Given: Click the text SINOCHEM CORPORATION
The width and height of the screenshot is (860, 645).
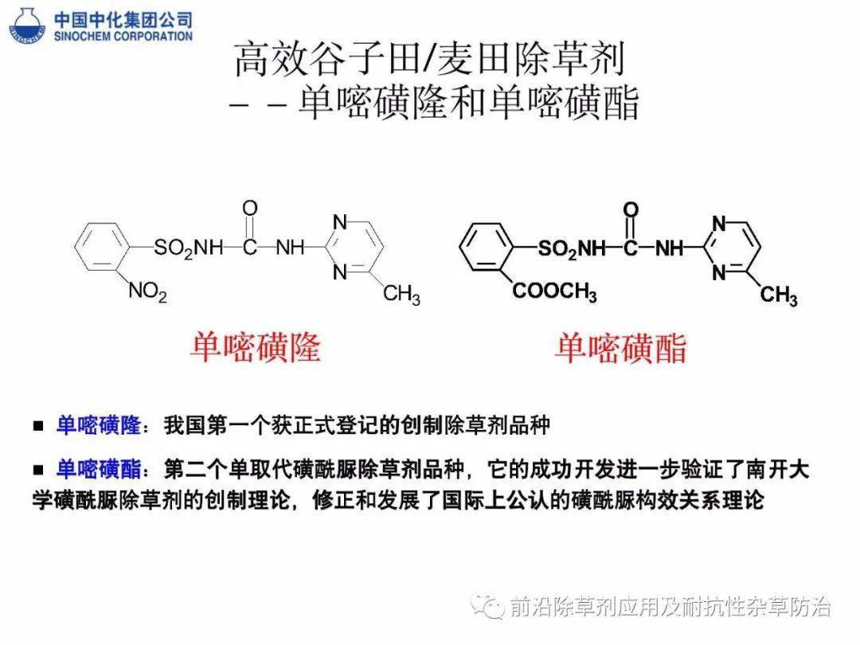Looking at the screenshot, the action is [x=123, y=36].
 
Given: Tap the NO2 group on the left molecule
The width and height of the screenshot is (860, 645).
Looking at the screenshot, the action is [x=147, y=291].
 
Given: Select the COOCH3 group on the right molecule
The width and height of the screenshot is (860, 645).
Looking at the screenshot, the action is [x=554, y=291].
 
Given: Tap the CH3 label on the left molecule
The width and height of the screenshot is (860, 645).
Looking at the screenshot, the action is [x=401, y=295].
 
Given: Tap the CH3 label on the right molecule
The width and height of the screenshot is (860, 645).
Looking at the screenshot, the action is [x=779, y=295].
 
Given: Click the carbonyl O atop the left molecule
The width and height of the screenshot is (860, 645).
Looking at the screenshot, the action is [x=250, y=208].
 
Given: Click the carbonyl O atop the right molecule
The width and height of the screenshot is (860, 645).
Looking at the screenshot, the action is [x=631, y=209].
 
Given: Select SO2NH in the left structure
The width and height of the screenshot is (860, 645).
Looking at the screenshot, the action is [x=189, y=248].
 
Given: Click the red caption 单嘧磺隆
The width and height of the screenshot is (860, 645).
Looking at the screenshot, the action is [x=256, y=347].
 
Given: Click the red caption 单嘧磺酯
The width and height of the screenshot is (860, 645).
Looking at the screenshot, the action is [x=621, y=348].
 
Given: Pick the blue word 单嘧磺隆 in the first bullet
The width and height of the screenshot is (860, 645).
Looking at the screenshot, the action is [x=99, y=425].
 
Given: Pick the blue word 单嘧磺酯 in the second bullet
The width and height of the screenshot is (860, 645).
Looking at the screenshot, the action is [x=99, y=470].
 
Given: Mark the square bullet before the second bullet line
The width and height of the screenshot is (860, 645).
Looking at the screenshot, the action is [x=38, y=470].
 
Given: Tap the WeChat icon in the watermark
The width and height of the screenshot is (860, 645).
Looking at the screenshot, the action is [x=488, y=606].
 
